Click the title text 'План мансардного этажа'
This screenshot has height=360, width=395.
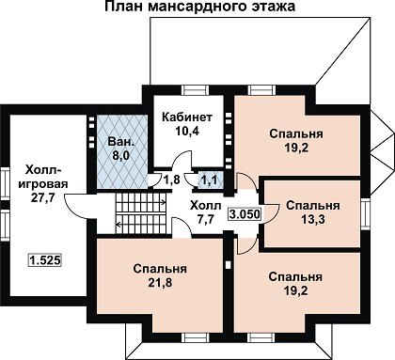[199, 7]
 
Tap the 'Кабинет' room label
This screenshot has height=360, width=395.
[187, 117]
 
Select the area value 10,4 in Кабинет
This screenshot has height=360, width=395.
[187, 131]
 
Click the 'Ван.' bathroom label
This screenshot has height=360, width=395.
[121, 141]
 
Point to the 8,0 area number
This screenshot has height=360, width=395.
[121, 155]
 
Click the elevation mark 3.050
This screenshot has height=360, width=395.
[245, 214]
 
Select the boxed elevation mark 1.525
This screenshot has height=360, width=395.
[45, 259]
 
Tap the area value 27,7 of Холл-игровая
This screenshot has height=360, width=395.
[43, 197]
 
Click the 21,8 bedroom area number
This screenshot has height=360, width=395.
[160, 283]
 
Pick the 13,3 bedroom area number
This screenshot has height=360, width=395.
[313, 220]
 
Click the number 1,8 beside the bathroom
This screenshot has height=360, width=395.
[172, 180]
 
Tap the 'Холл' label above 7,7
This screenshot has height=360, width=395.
[206, 206]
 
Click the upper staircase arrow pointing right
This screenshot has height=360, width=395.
[141, 202]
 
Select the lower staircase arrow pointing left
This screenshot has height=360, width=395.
[141, 224]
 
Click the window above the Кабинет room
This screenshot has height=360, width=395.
[196, 90]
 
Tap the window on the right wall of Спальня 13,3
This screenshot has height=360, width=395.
[365, 214]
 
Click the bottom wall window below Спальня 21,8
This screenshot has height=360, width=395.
[196, 337]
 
